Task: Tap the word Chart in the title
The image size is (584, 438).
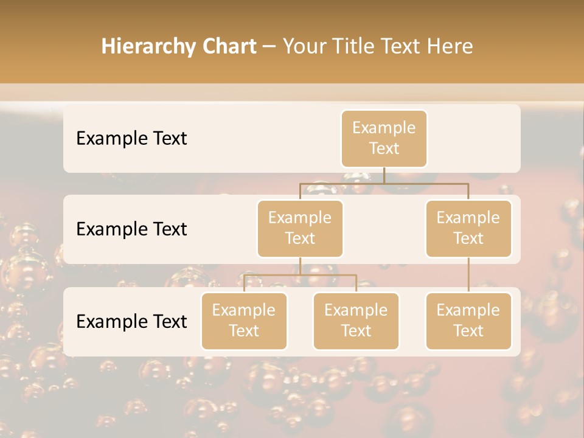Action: [x=229, y=46]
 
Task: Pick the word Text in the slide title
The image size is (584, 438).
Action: [x=402, y=46]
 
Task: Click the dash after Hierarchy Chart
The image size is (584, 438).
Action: [x=269, y=46]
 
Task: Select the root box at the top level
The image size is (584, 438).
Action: [x=384, y=138]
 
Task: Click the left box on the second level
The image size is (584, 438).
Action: [x=300, y=228]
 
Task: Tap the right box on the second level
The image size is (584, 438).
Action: [x=468, y=228]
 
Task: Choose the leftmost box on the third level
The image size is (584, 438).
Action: [x=244, y=321]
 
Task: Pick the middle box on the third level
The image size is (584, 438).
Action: [x=356, y=321]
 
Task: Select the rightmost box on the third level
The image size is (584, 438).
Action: [x=468, y=321]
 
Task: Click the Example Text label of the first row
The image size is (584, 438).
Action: [x=131, y=138]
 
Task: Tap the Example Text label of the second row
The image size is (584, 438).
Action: [x=131, y=229]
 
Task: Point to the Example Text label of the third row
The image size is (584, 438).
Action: [x=131, y=321]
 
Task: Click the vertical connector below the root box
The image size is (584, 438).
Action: [x=384, y=175]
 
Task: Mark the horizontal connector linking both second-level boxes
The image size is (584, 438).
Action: [x=384, y=183]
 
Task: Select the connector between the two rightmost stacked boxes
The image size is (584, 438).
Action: [x=468, y=275]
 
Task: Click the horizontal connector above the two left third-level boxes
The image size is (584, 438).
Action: [x=300, y=275]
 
